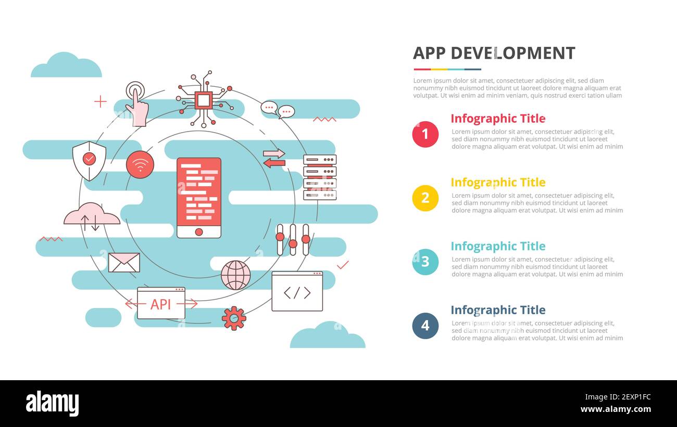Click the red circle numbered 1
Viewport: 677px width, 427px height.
pyautogui.click(x=425, y=134)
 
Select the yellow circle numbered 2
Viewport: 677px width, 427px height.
pyautogui.click(x=425, y=198)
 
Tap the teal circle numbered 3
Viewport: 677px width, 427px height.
pyautogui.click(x=425, y=262)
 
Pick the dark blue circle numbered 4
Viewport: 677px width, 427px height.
pyautogui.click(x=425, y=326)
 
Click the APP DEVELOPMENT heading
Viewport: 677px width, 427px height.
pyautogui.click(x=494, y=53)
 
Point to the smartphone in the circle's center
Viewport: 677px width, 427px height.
pyautogui.click(x=199, y=198)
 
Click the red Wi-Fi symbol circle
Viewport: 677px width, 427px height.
pyautogui.click(x=140, y=165)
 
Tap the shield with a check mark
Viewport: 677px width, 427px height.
pyautogui.click(x=89, y=160)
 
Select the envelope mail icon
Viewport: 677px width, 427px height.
pyautogui.click(x=124, y=263)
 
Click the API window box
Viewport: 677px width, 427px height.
pyautogui.click(x=161, y=303)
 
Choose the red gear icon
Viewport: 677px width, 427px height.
pyautogui.click(x=234, y=318)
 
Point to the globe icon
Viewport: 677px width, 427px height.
pyautogui.click(x=235, y=275)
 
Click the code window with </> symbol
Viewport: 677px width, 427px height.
pyautogui.click(x=297, y=291)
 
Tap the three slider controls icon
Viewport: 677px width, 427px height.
pyautogui.click(x=293, y=239)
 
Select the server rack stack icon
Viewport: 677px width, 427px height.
pyautogui.click(x=320, y=177)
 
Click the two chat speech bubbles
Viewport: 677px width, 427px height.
pyautogui.click(x=278, y=110)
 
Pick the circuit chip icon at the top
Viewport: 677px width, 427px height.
pyautogui.click(x=204, y=99)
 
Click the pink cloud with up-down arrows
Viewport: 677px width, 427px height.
pyautogui.click(x=92, y=216)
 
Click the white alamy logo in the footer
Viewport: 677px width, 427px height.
pyautogui.click(x=53, y=404)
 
